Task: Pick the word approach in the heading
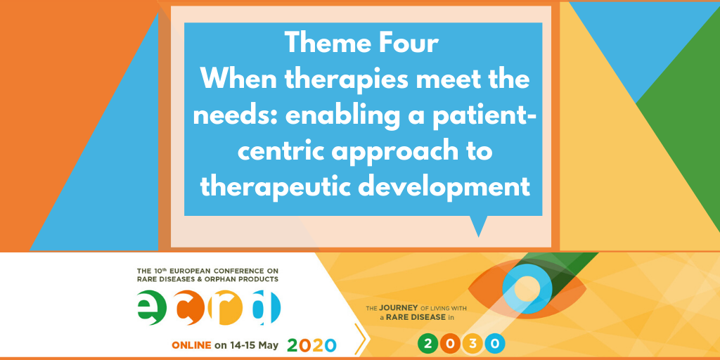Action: click(400, 153)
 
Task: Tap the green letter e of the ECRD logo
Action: click(152, 308)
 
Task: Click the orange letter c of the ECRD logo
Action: click(190, 308)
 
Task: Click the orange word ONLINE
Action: click(191, 345)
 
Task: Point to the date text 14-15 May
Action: click(255, 345)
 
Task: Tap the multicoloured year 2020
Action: click(311, 345)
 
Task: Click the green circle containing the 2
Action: click(428, 343)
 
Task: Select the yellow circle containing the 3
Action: click(472, 343)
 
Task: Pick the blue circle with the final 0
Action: click(495, 343)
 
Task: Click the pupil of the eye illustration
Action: click(527, 288)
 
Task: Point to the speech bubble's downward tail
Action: click(479, 226)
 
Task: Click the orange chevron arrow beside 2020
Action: click(361, 340)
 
